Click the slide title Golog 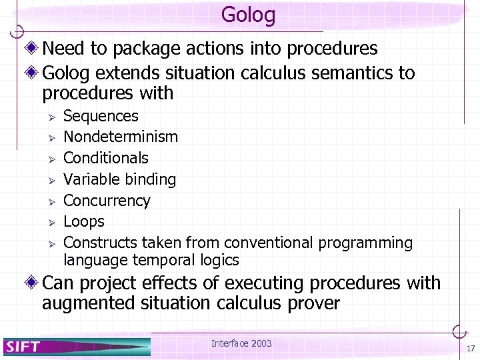click(248, 14)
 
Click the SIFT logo click(24, 347)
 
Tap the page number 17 click(470, 349)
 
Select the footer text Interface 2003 click(241, 343)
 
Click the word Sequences click(101, 116)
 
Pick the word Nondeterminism click(121, 137)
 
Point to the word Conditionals click(106, 158)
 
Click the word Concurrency click(107, 201)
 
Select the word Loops click(84, 221)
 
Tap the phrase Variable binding click(119, 179)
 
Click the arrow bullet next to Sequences click(49, 117)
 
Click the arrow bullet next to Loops click(49, 222)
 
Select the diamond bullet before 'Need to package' click(33, 49)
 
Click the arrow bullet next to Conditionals click(49, 159)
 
